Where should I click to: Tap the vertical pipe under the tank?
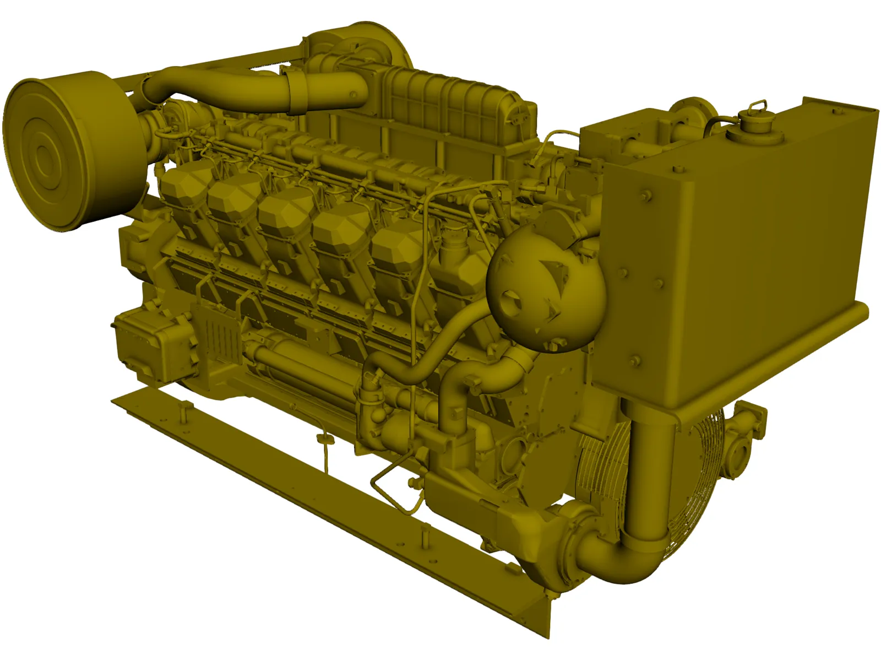click(650, 474)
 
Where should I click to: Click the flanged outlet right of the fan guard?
click(743, 435)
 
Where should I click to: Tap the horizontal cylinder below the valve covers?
click(297, 358)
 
